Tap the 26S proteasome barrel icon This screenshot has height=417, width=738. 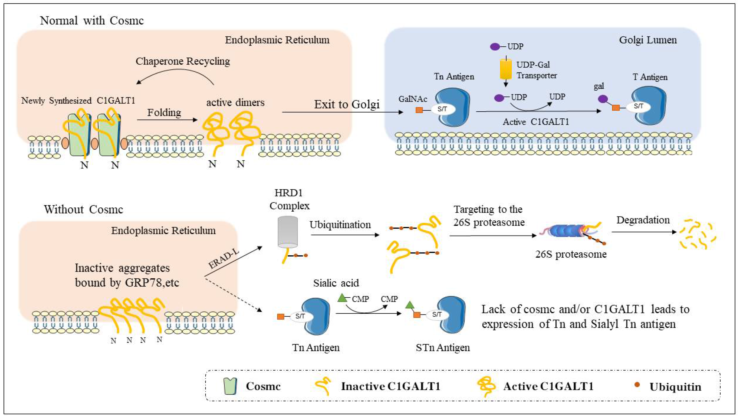click(566, 231)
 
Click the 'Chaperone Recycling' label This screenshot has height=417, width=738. click(183, 61)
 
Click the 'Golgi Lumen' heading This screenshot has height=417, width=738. click(648, 40)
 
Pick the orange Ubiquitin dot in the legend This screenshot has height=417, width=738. click(637, 385)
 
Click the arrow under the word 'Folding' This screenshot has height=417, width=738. click(167, 120)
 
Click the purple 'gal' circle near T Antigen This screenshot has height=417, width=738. click(603, 99)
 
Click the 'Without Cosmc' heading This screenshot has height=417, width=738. click(83, 210)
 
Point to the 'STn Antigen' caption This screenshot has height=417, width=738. click(443, 347)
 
